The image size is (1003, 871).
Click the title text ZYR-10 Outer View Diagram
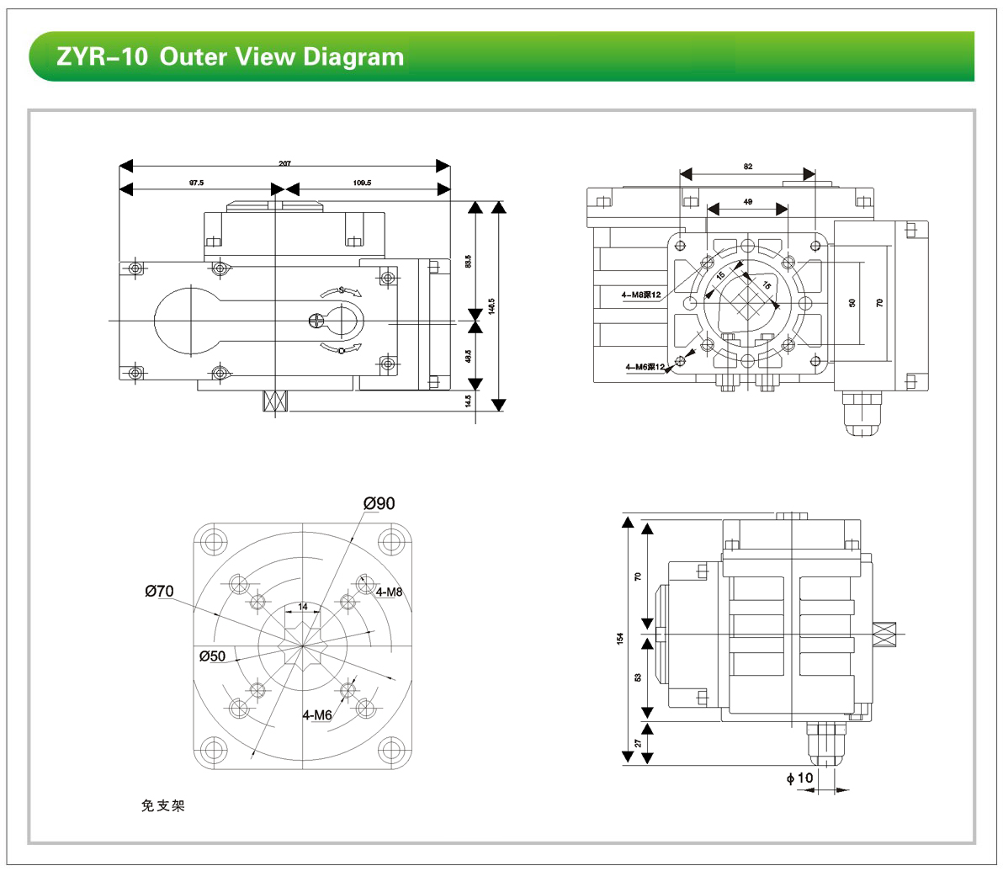pos(230,57)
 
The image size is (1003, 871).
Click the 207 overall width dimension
pos(284,163)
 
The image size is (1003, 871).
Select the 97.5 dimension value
pos(196,182)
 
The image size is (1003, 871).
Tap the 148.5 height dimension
pos(491,305)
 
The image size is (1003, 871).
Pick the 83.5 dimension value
pos(468,261)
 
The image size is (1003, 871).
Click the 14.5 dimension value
pos(468,401)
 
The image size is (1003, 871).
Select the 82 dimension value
pos(748,167)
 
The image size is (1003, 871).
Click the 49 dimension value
pos(747,202)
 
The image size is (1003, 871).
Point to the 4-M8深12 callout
pos(641,295)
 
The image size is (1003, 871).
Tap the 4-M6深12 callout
pos(645,367)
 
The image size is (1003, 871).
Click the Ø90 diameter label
pos(379,503)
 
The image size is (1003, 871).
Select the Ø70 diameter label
pos(159,592)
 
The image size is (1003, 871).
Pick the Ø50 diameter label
pos(212,656)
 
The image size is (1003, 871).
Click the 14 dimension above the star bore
pos(303,606)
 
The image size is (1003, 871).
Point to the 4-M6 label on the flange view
pos(317,715)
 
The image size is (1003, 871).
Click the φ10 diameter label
pos(800,778)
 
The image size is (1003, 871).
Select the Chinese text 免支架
pos(162,806)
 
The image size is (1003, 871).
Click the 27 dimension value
pos(639,742)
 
